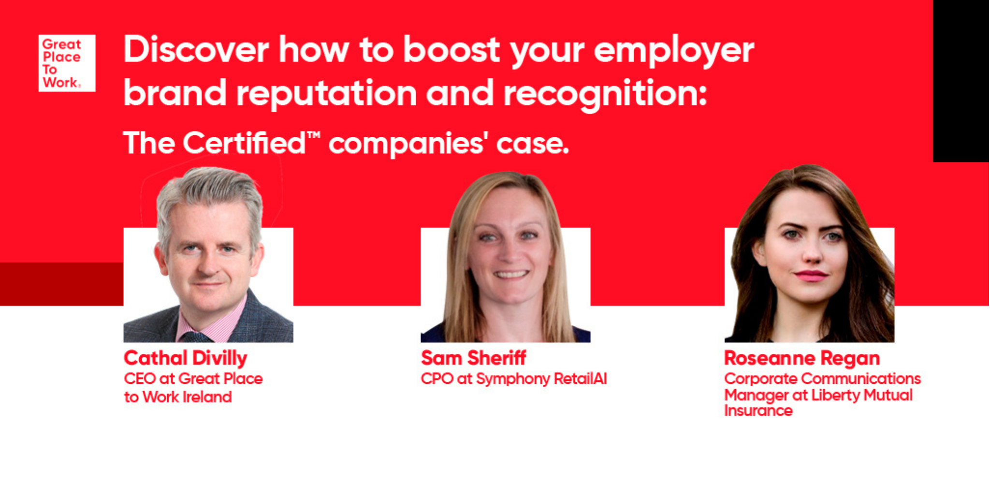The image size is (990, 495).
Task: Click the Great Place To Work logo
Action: [x=67, y=63]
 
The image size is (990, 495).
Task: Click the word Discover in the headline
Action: [x=196, y=49]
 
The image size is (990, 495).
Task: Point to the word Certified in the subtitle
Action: [x=244, y=143]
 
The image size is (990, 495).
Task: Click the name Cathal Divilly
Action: [x=186, y=358]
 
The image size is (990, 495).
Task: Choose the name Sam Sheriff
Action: [x=473, y=358]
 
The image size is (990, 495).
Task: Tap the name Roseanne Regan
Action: [x=802, y=358]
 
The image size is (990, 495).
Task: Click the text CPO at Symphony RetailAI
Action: [x=514, y=379]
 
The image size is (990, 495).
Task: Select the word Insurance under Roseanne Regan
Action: [x=758, y=411]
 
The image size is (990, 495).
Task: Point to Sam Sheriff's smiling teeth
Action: [x=510, y=275]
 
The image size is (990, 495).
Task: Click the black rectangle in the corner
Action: [x=961, y=81]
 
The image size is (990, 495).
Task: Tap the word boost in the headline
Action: [x=451, y=50]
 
